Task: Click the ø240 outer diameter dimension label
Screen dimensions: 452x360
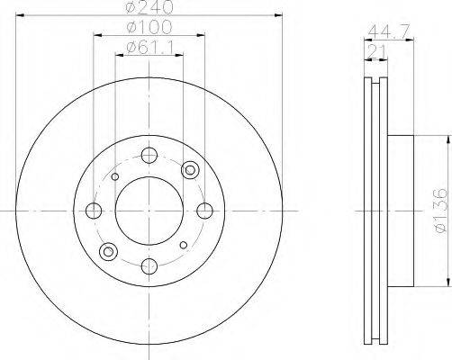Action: pos(149,6)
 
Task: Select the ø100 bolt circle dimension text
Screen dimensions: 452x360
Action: pos(149,27)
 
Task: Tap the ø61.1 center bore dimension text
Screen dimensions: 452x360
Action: pos(150,48)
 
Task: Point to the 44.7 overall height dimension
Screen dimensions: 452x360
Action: pos(389,31)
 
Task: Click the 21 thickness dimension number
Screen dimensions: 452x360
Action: pos(376,51)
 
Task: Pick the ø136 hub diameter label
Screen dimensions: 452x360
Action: pos(440,211)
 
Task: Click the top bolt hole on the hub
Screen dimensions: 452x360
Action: pos(149,155)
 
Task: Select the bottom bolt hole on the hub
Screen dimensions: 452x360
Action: pos(149,266)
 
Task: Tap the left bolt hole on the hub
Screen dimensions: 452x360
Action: pos(94,211)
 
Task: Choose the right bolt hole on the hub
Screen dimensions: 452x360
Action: pos(205,211)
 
